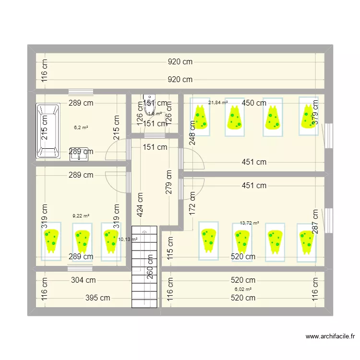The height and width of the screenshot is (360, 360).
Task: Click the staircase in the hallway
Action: click(x=144, y=266)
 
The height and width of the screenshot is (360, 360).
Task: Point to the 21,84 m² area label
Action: click(x=218, y=103)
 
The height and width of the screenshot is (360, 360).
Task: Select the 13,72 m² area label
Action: click(x=249, y=223)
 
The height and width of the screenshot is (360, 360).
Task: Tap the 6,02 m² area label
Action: click(x=243, y=289)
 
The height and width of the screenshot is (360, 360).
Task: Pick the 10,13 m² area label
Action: click(x=128, y=240)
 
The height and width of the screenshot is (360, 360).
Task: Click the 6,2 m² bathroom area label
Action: click(x=81, y=128)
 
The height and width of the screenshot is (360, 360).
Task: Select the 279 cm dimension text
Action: click(x=168, y=181)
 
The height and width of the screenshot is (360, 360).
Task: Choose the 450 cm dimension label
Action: click(x=253, y=103)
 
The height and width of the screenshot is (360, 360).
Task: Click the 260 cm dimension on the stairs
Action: click(x=150, y=266)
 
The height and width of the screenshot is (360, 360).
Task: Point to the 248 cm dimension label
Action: click(x=192, y=132)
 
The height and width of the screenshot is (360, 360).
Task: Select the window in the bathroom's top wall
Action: click(x=80, y=91)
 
